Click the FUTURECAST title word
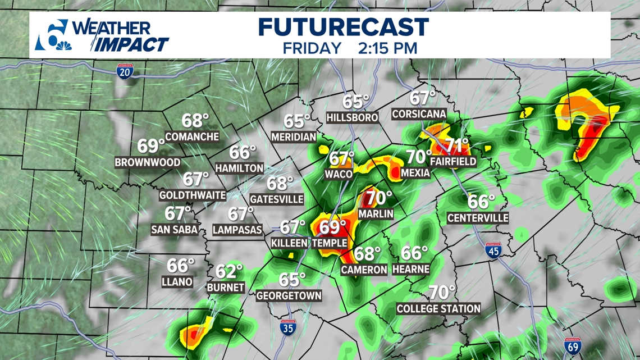coord(344,28)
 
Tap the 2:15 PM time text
coord(387,48)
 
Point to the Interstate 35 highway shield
coord(287,327)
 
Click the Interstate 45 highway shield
coord(493,250)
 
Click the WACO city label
coord(339,174)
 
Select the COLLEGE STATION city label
coord(438,308)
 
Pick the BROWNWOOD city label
coord(148,162)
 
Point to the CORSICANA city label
coord(419,114)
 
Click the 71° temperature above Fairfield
coord(457,146)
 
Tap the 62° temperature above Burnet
coord(229,271)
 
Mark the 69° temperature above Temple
coord(333,227)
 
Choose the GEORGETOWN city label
coord(289,295)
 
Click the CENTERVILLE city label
coord(478,217)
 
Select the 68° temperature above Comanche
coord(195,120)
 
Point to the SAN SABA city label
coord(174,229)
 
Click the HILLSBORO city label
coord(352,118)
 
